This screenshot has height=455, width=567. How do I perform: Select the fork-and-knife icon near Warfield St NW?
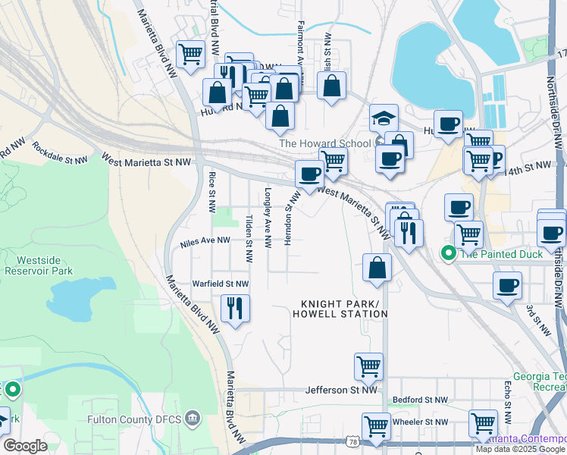tap(235, 308)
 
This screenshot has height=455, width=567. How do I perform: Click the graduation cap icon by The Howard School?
tap(384, 118)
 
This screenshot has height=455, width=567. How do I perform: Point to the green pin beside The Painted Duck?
tap(449, 254)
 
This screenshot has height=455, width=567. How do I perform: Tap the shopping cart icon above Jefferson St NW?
tap(368, 366)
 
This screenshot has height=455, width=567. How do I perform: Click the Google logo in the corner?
tap(25, 446)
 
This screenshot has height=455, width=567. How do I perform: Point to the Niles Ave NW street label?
tap(205, 241)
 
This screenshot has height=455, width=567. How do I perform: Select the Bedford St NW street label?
tap(420, 400)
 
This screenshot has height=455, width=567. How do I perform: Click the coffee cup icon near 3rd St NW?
tap(507, 286)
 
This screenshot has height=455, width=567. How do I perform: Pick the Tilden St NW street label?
tap(249, 239)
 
